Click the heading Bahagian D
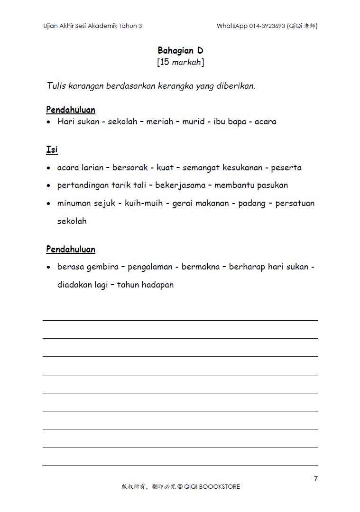[x=180, y=50]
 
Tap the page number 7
[x=316, y=478]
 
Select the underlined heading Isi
[x=52, y=149]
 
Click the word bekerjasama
[x=180, y=186]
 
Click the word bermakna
[x=201, y=267]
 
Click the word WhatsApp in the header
[x=232, y=26]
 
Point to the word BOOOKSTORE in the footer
[x=219, y=486]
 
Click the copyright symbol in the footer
[x=180, y=486]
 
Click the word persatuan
[x=295, y=203]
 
